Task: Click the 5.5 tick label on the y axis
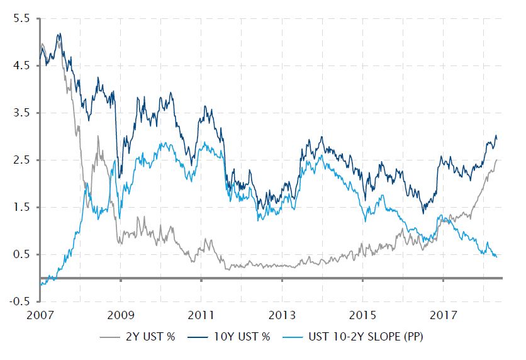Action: click(x=20, y=19)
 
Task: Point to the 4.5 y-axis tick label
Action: click(x=20, y=66)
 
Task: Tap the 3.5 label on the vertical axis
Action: click(x=20, y=113)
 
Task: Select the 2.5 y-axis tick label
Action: click(x=20, y=160)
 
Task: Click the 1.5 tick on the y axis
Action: click(x=20, y=208)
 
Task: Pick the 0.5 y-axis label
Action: click(x=20, y=255)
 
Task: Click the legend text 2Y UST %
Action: click(x=152, y=337)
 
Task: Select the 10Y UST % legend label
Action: click(x=248, y=337)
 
